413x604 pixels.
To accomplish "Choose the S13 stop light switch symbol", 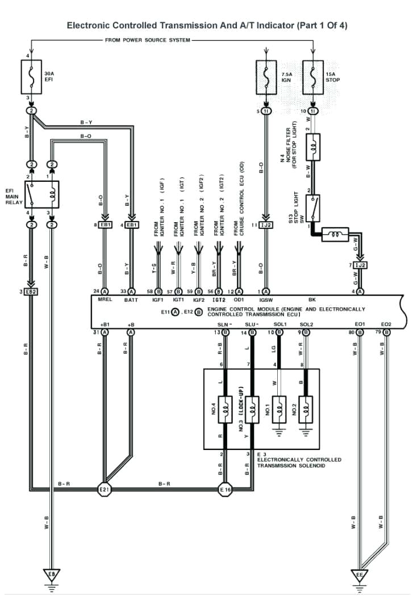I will tap(312, 209).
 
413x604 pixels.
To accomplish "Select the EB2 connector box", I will tap(31, 291).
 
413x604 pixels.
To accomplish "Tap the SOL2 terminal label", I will tap(306, 324).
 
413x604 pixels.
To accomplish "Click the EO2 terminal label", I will tap(386, 324).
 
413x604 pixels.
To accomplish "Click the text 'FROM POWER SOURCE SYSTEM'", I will tap(148, 40).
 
